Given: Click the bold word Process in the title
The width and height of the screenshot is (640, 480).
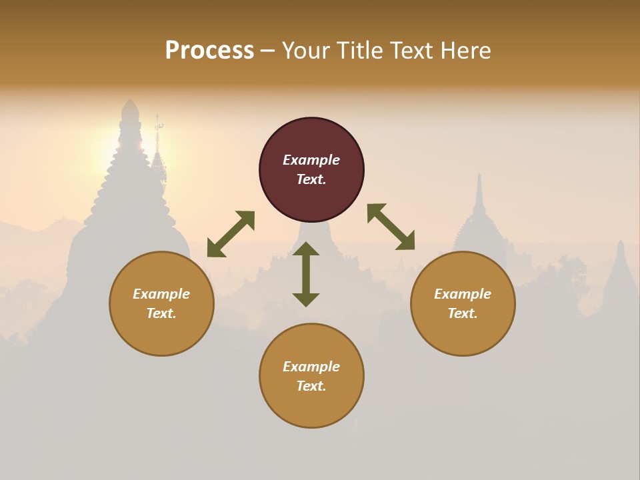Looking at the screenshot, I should point(209,51).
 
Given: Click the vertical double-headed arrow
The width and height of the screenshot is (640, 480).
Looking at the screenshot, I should point(306,274).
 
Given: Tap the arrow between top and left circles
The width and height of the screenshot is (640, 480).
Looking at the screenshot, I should point(231,234).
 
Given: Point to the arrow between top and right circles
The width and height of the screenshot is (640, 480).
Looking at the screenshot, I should point(391,227).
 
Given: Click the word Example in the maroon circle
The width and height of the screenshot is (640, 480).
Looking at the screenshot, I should point(311,160).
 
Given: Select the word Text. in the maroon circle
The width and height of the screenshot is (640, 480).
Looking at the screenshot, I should point(311,179).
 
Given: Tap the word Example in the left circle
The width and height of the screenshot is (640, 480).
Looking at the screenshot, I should point(161,294).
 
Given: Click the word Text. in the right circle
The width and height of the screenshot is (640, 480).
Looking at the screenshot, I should point(463,313).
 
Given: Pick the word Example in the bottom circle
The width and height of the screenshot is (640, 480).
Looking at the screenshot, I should point(311,367).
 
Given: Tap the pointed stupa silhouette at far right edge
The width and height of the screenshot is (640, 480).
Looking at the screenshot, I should point(620,273).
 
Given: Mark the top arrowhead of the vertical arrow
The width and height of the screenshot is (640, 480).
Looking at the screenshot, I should point(306,249).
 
